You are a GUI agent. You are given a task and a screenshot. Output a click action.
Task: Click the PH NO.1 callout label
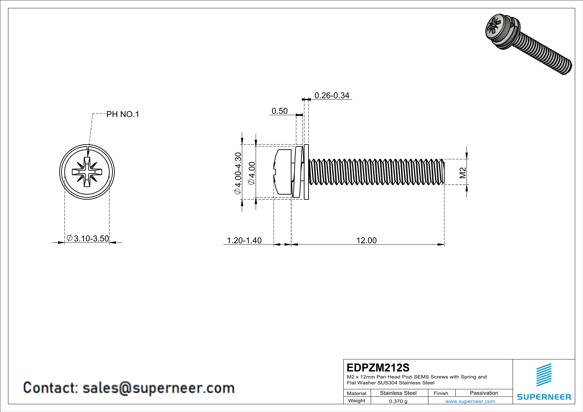[x=123, y=114]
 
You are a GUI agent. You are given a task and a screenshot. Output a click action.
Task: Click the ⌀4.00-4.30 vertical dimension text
[x=238, y=173]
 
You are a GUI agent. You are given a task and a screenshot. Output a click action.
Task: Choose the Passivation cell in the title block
[x=484, y=393]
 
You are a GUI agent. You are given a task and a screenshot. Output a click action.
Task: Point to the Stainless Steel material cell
[x=398, y=393]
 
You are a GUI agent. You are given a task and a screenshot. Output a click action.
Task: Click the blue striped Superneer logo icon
[x=544, y=375]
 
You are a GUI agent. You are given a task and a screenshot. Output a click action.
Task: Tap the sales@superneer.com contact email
[x=158, y=388]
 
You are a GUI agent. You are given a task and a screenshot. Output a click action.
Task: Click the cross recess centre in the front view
[x=87, y=172]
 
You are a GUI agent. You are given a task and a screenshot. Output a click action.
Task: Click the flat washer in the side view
[x=306, y=172]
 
